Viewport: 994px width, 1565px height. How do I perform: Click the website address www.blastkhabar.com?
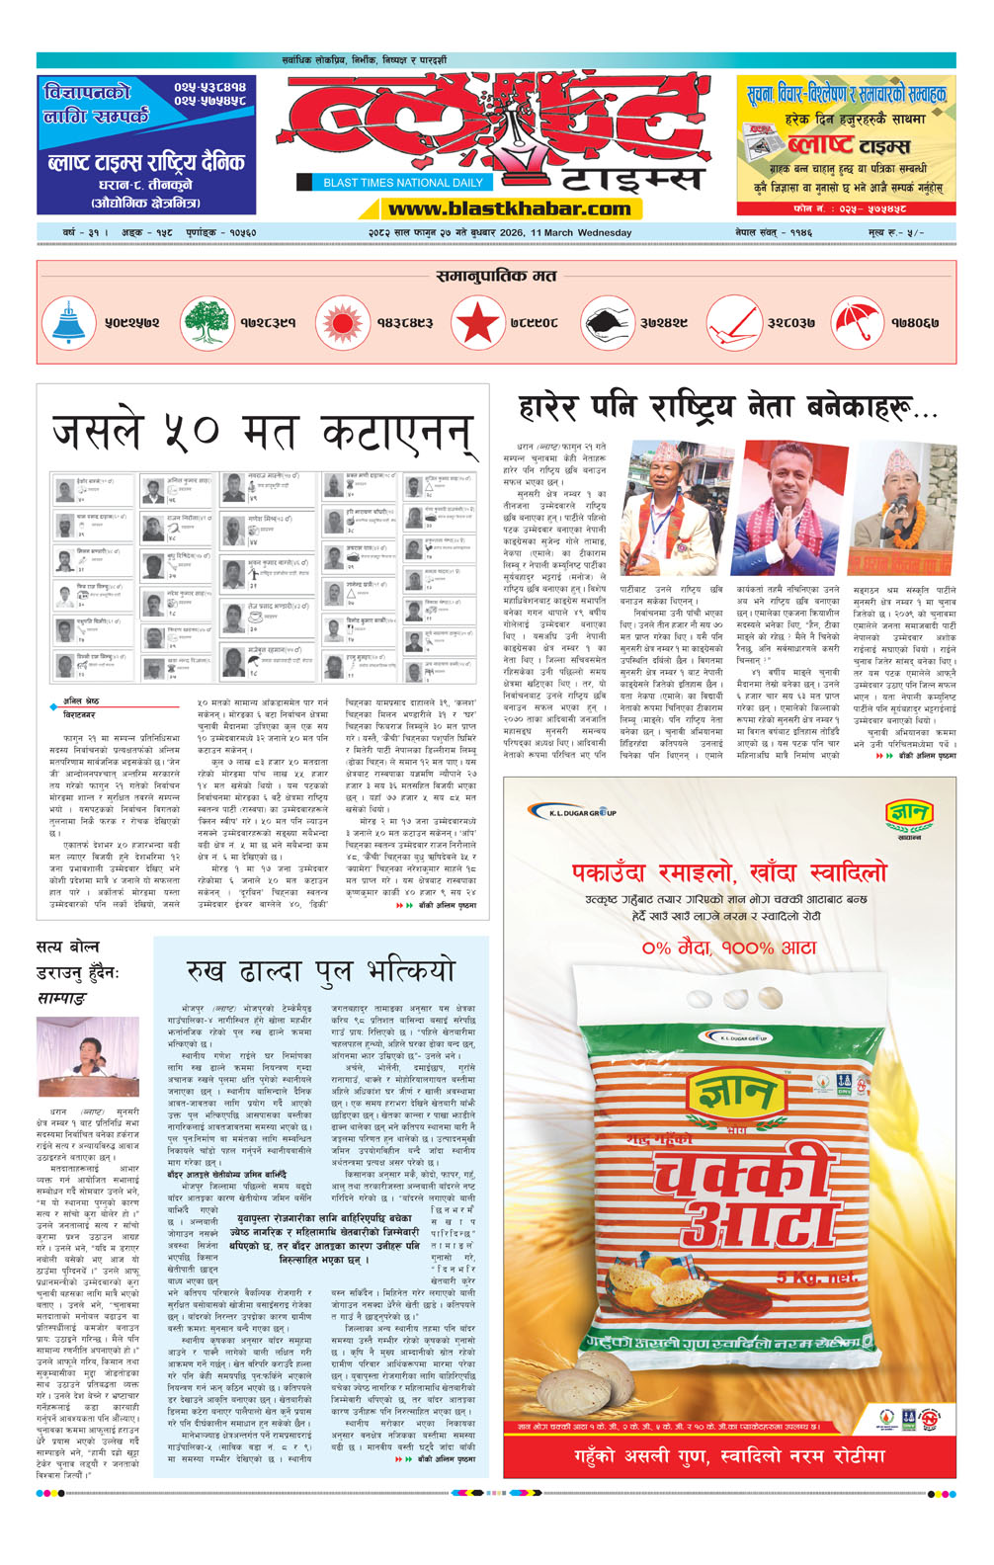(x=509, y=208)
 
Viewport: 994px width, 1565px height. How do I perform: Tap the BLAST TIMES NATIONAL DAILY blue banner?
(x=402, y=182)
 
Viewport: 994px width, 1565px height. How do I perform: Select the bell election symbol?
(x=68, y=322)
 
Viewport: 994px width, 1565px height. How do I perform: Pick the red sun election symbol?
(x=341, y=322)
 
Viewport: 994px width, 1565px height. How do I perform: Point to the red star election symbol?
(x=476, y=322)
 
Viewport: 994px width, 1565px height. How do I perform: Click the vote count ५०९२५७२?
(x=131, y=323)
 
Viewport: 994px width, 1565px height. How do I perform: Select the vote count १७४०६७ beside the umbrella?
(x=914, y=323)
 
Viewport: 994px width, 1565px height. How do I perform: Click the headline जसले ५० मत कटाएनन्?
(x=262, y=432)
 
